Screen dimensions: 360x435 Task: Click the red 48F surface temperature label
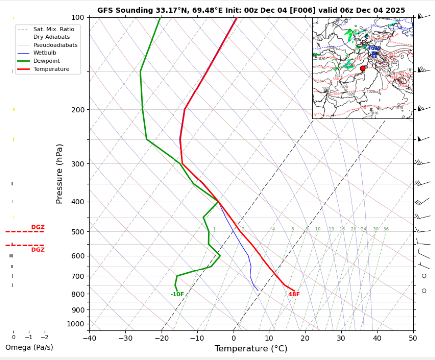click(294, 294)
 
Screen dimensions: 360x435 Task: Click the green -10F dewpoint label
click(177, 294)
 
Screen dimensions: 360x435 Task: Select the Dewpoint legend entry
click(45, 61)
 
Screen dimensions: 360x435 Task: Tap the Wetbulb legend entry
click(44, 53)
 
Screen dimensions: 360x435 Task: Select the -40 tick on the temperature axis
click(89, 338)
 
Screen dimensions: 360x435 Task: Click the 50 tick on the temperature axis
click(413, 338)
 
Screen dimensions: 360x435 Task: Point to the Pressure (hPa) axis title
click(60, 174)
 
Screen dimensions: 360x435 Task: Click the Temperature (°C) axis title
click(251, 349)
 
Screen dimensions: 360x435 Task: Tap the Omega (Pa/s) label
click(29, 347)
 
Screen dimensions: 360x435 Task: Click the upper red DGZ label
click(38, 227)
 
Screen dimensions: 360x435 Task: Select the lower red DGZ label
click(38, 250)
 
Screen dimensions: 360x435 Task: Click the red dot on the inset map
click(363, 68)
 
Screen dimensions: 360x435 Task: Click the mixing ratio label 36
click(386, 229)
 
